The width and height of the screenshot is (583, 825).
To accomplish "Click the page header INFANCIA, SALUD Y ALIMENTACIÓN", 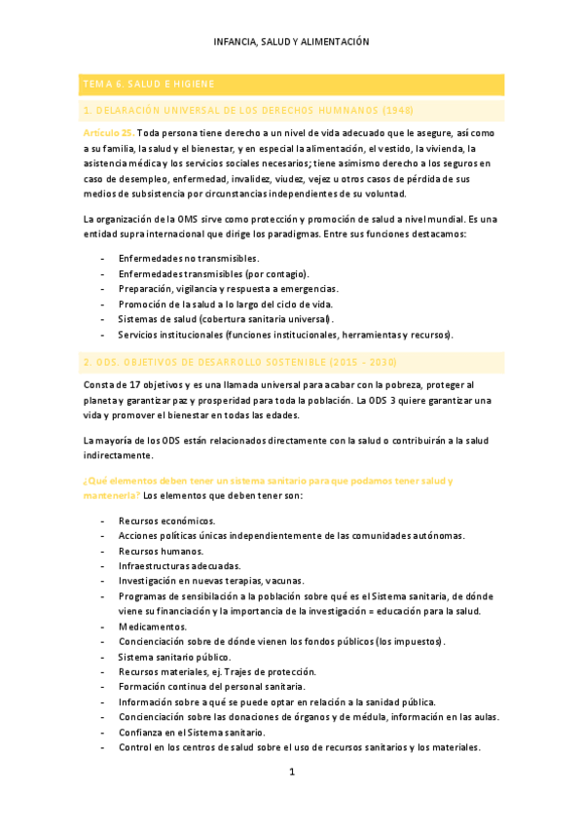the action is pyautogui.click(x=291, y=42).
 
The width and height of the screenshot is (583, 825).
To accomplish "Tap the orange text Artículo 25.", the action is pyautogui.click(x=108, y=132).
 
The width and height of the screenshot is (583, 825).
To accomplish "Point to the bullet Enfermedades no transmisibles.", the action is pyautogui.click(x=188, y=258).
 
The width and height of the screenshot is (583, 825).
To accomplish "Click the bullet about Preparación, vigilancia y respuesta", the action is pyautogui.click(x=228, y=289).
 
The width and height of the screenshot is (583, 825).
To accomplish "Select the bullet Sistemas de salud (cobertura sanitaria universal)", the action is pyautogui.click(x=226, y=319).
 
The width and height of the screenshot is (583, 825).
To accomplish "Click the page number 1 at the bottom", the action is pyautogui.click(x=291, y=773).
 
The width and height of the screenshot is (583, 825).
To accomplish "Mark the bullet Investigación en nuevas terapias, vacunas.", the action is pyautogui.click(x=210, y=581).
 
